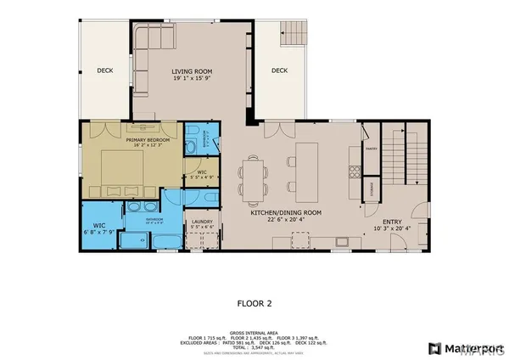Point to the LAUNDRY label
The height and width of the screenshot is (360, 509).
coord(201,222)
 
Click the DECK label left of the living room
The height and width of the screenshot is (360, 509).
coord(104,71)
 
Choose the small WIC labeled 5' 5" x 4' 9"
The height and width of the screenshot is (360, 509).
coord(200,177)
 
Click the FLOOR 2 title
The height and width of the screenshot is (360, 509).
coord(254,301)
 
